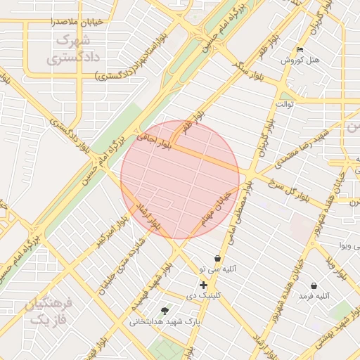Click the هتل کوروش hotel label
[x=300, y=60]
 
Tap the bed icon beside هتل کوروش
[x=300, y=50]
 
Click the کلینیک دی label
[x=204, y=296]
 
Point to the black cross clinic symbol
[x=204, y=285]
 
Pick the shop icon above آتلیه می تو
[x=217, y=259]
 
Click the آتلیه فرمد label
[x=314, y=297]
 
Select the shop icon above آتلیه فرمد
[x=314, y=286]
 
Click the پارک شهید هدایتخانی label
[x=165, y=321]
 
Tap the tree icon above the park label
[x=165, y=310]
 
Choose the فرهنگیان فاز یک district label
[x=48, y=312]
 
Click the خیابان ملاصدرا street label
[x=77, y=21]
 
